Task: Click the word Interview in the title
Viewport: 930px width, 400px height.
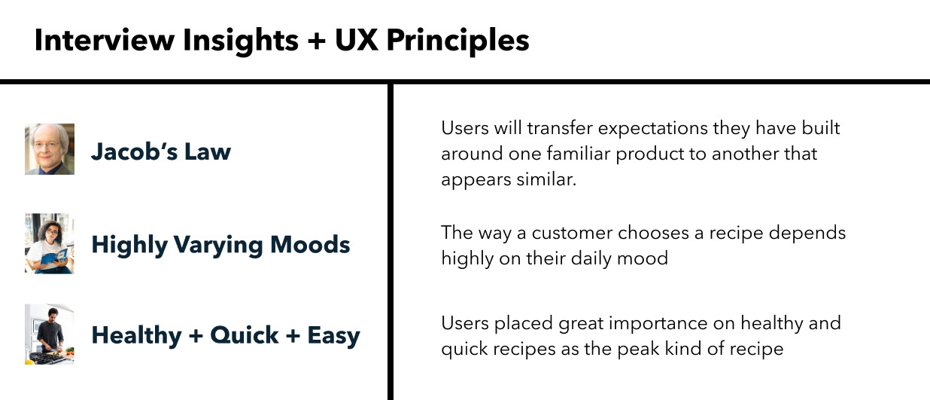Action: pyautogui.click(x=105, y=41)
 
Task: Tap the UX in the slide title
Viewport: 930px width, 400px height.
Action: pyautogui.click(x=356, y=41)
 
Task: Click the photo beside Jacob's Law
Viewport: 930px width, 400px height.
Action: pyautogui.click(x=50, y=149)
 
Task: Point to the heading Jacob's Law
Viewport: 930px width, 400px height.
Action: pyautogui.click(x=161, y=151)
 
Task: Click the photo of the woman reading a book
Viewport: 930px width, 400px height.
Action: pyautogui.click(x=50, y=243)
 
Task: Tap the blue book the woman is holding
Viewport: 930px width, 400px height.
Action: pyautogui.click(x=54, y=255)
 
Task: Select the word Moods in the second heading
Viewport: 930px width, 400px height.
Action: pyautogui.click(x=310, y=244)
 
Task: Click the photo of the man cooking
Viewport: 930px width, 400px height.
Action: pyautogui.click(x=50, y=334)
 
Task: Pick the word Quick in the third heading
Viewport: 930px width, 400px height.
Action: pyautogui.click(x=244, y=334)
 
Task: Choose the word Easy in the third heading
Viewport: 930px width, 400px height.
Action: pyautogui.click(x=333, y=336)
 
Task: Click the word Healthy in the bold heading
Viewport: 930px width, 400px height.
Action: pyautogui.click(x=137, y=336)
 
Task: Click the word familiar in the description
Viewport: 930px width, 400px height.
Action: pyautogui.click(x=579, y=154)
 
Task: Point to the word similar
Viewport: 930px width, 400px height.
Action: pyautogui.click(x=546, y=179)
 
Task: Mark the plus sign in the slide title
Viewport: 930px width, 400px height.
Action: pyautogui.click(x=317, y=41)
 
